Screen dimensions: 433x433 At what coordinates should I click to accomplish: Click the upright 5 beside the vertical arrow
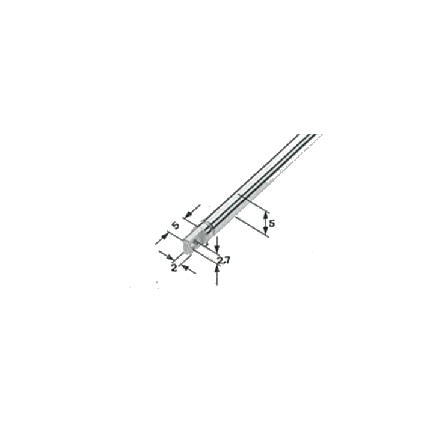272,223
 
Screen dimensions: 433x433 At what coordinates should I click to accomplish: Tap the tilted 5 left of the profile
176,226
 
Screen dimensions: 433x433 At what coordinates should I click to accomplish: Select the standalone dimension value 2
174,267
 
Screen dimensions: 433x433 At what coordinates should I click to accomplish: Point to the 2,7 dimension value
223,260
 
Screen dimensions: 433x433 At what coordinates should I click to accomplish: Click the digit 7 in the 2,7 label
227,260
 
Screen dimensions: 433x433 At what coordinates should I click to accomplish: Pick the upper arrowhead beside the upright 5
265,214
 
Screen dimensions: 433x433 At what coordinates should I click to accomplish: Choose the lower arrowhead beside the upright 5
265,232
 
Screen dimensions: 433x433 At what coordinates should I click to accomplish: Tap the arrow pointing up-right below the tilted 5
162,239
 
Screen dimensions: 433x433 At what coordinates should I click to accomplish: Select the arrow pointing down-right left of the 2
166,256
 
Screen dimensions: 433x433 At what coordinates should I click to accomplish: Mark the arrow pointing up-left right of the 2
189,269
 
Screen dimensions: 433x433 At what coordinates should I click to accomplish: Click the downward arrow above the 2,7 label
217,244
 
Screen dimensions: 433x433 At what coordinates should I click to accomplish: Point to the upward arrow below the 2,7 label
216,274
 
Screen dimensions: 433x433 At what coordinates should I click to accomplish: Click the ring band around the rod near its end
207,225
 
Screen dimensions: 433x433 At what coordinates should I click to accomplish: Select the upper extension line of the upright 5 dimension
253,203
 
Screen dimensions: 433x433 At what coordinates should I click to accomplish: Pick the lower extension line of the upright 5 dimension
251,227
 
